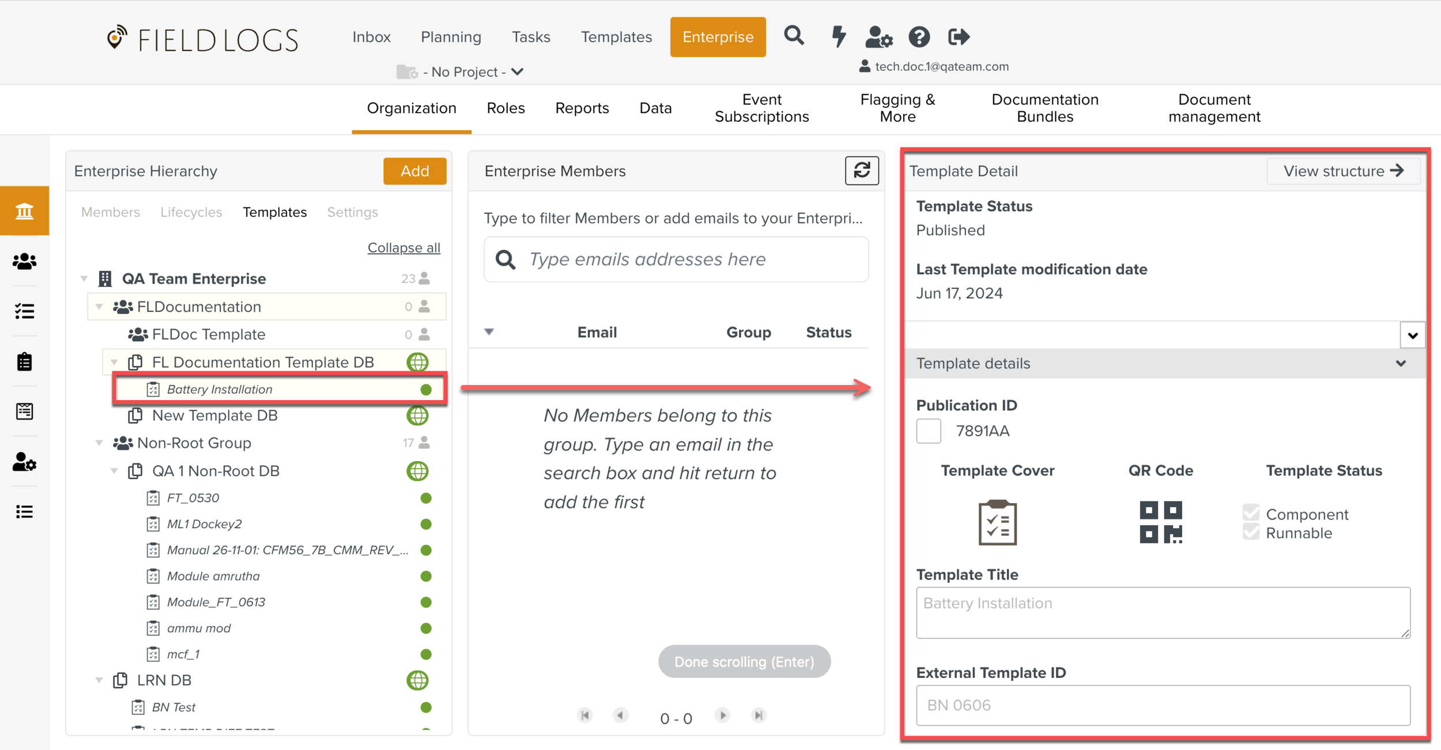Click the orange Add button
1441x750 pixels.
[x=414, y=171]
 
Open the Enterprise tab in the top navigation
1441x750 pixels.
[x=718, y=37]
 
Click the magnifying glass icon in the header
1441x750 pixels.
[x=794, y=36]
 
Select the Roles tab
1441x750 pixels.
[x=506, y=108]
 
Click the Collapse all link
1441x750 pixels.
[x=403, y=247]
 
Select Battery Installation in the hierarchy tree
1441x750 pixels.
[x=220, y=389]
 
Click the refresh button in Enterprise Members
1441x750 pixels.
[x=862, y=171]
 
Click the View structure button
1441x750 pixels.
[x=1343, y=171]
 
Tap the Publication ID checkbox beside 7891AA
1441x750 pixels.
[x=929, y=431]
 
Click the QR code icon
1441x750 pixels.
[x=1160, y=522]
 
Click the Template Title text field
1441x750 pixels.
[x=1163, y=612]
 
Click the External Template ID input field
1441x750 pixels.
[x=1163, y=705]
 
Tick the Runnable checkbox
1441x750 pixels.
[x=1251, y=533]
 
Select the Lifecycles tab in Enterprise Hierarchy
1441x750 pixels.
[x=191, y=212]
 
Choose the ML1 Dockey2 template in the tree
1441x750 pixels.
[x=204, y=524]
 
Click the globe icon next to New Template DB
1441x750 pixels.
[x=417, y=416]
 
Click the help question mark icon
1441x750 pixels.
[x=919, y=37]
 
